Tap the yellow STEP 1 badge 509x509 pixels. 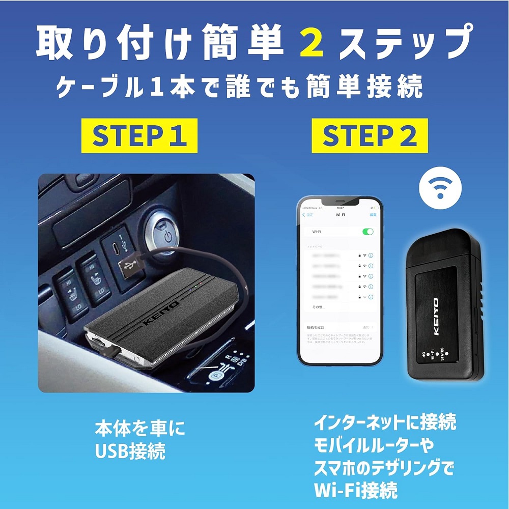click(x=139, y=135)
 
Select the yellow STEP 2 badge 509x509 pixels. click(x=370, y=135)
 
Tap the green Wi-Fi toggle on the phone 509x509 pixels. click(x=367, y=232)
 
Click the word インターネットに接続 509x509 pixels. click(x=385, y=422)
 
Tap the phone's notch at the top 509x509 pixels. click(x=340, y=202)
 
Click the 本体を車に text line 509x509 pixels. click(x=140, y=428)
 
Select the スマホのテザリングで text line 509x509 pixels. click(x=383, y=467)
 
